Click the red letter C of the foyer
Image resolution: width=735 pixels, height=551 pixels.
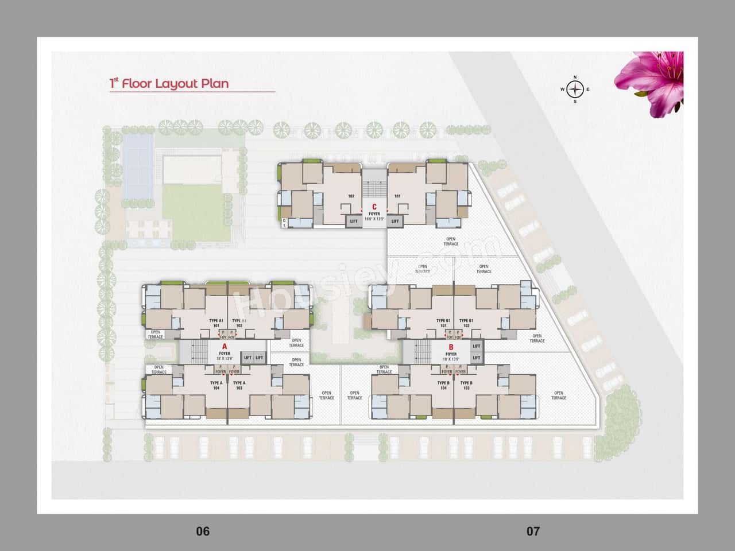click(374, 207)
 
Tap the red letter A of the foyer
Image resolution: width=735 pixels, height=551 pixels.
click(225, 347)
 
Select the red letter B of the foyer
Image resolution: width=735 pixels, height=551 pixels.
click(451, 347)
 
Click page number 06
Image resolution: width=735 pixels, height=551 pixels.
click(203, 531)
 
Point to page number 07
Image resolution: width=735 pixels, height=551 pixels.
click(533, 531)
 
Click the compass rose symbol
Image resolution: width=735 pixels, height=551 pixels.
click(575, 89)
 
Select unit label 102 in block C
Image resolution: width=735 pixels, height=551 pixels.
click(351, 196)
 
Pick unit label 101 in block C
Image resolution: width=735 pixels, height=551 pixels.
click(397, 196)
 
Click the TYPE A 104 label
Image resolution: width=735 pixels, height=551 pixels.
click(216, 386)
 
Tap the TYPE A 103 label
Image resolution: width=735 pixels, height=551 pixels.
click(239, 386)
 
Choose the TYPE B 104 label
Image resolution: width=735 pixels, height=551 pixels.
click(443, 386)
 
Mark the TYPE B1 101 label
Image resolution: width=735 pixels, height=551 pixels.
click(443, 323)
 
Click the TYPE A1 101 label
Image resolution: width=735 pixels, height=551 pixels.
click(216, 323)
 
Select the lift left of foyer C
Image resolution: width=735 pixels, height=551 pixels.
click(354, 221)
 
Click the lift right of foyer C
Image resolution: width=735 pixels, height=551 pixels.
click(394, 221)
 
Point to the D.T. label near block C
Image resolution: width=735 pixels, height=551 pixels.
click(284, 223)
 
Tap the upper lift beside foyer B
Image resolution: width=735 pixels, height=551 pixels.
click(476, 346)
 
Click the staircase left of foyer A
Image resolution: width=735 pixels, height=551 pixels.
click(198, 351)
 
